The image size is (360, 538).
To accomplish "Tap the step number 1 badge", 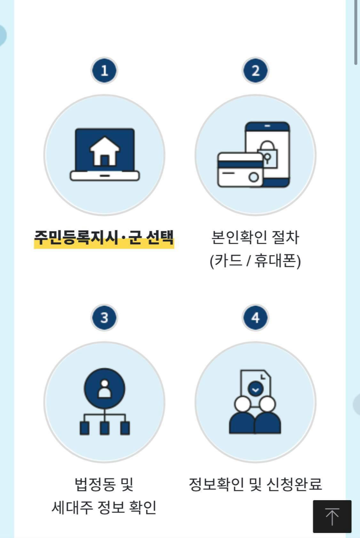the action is [x=104, y=71].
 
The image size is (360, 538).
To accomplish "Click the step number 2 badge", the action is [x=255, y=71].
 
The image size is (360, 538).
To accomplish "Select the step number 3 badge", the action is [x=104, y=317].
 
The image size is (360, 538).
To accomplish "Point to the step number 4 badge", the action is [x=255, y=317].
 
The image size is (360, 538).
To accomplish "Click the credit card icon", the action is [x=240, y=170].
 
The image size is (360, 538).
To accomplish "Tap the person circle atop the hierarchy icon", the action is [x=104, y=388].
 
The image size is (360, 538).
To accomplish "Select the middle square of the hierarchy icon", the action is [x=104, y=428].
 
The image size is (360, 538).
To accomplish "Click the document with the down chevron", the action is [x=255, y=385].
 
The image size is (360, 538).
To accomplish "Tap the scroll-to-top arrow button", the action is [x=332, y=516].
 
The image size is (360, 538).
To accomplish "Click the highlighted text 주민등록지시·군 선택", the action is [x=104, y=237].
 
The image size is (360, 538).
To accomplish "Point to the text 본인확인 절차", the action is [x=255, y=237].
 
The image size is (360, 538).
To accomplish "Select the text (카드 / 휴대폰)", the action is [x=255, y=261].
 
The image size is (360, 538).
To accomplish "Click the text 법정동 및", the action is [x=104, y=484].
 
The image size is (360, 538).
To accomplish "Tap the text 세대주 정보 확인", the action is [x=104, y=508].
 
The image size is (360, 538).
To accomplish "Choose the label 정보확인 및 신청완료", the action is [x=255, y=484].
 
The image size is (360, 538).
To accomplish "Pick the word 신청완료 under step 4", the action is [x=294, y=484].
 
